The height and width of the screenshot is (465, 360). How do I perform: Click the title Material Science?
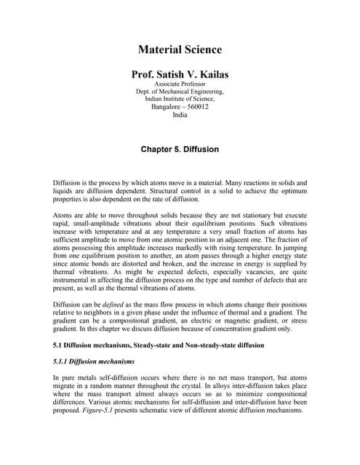(180, 50)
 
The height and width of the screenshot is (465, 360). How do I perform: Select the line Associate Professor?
(180, 84)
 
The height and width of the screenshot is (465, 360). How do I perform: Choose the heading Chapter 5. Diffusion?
(180, 149)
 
